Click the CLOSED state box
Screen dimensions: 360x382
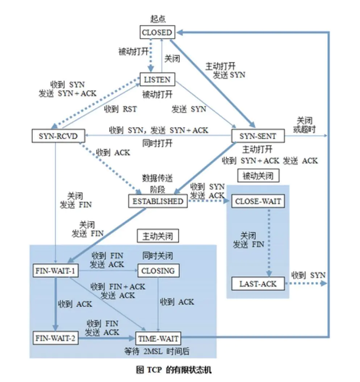tap(157, 32)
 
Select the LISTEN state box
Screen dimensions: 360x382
tap(157, 79)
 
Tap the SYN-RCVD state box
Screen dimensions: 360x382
tap(58, 136)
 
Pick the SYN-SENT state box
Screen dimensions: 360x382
tap(258, 136)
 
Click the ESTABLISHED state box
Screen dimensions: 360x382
tap(158, 201)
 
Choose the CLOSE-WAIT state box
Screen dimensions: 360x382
tap(258, 201)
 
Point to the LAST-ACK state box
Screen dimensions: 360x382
tap(258, 284)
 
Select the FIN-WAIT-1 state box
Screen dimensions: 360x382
tap(55, 271)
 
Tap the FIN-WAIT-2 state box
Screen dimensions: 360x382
tap(55, 338)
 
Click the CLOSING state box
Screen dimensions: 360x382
tap(158, 271)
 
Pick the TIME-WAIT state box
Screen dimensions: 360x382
tap(158, 338)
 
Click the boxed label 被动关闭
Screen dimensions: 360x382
tap(258, 175)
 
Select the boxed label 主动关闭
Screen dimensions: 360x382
tap(158, 236)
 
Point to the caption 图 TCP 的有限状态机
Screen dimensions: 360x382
tap(173, 370)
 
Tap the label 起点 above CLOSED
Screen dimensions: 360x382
tap(158, 19)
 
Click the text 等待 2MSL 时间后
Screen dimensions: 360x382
tap(157, 351)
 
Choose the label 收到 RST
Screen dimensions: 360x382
tap(120, 109)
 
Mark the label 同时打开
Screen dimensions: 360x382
tap(157, 143)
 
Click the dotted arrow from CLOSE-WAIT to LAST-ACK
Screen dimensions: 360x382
tap(269, 242)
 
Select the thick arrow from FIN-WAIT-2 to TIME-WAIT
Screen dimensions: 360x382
tap(107, 338)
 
